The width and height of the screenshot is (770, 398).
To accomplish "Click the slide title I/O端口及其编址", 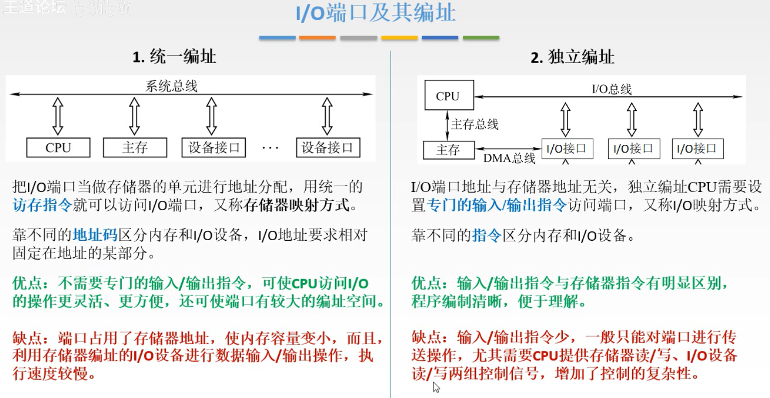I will point(376,13).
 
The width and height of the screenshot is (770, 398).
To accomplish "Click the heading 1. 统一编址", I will point(174,57).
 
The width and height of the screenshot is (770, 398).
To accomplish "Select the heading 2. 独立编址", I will point(572,57).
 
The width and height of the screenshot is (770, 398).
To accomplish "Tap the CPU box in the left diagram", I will point(58,148).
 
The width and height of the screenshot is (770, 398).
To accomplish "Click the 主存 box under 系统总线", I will point(134,148).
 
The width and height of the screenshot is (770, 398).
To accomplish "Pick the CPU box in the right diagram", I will point(448,96).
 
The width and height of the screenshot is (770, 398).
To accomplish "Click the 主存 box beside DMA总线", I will point(448,150).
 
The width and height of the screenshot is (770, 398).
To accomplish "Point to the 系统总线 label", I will point(171,86).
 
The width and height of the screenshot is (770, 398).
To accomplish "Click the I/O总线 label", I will point(612,89).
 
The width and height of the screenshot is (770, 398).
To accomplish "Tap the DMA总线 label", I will point(509,159).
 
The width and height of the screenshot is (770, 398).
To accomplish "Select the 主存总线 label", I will point(474,124).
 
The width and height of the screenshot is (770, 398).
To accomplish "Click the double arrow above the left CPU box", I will point(58,116).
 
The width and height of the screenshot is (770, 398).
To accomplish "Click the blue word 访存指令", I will point(42,205).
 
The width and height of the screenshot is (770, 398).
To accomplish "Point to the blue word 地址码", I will point(95,235).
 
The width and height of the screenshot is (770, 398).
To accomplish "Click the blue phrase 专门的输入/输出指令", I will point(497,205).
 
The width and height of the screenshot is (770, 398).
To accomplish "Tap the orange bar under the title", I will point(317,38).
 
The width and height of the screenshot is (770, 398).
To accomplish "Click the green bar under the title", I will point(481,38).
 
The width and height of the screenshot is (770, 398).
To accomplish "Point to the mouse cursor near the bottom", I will point(436,387).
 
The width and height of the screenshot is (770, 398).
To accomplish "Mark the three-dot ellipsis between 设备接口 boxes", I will point(270,148).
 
